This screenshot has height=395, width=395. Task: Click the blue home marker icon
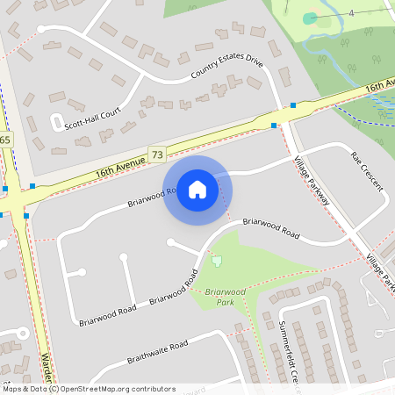(197, 189)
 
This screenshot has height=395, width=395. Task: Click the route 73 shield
(157, 154)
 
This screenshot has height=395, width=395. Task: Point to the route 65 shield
(6, 140)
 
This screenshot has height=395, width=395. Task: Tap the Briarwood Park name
(223, 295)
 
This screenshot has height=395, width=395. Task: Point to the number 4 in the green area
(350, 13)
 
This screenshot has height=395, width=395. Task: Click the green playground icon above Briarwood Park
(216, 260)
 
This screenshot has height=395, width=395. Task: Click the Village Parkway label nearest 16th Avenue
(312, 181)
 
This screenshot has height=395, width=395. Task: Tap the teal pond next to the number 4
(310, 18)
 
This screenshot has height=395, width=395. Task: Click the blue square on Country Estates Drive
(293, 104)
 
